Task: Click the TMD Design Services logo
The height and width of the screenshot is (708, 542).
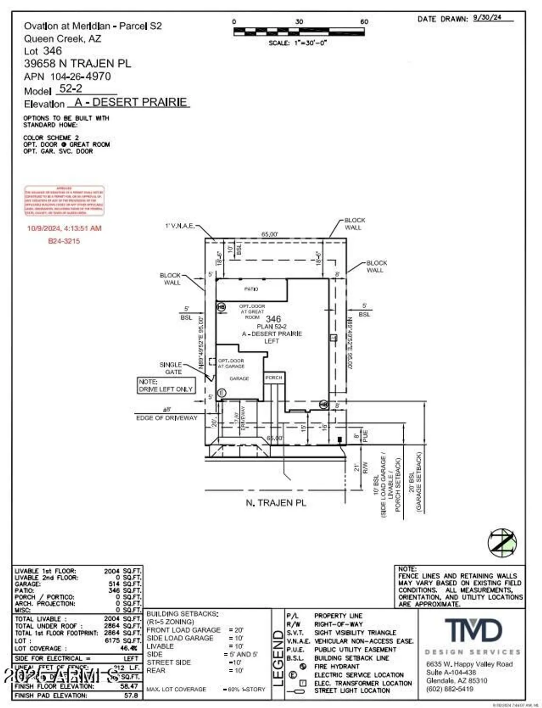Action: tap(473, 632)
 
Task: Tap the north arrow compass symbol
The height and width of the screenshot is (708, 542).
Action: tap(502, 542)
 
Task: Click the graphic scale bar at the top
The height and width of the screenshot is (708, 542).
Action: tap(298, 32)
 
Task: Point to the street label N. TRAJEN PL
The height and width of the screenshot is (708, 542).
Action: tap(276, 503)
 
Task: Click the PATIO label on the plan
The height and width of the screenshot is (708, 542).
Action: tap(251, 289)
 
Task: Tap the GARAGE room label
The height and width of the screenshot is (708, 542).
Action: tap(239, 379)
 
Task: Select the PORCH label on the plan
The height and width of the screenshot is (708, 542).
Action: tap(273, 378)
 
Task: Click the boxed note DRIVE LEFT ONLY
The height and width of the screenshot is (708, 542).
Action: tap(166, 386)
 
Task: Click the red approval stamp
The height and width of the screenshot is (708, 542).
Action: tap(64, 201)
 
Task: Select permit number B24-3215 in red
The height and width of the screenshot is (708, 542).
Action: tap(64, 241)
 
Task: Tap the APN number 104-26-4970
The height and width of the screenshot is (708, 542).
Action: tap(80, 76)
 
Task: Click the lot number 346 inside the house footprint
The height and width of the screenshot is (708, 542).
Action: tap(273, 319)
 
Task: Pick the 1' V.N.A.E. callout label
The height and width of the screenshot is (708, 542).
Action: tap(179, 226)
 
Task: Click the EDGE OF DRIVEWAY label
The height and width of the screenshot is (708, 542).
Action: tap(167, 418)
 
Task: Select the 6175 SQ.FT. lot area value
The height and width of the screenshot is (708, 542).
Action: tap(122, 641)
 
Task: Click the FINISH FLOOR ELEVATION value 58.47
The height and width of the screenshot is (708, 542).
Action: tap(129, 686)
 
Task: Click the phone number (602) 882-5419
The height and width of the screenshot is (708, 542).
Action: tap(449, 689)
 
